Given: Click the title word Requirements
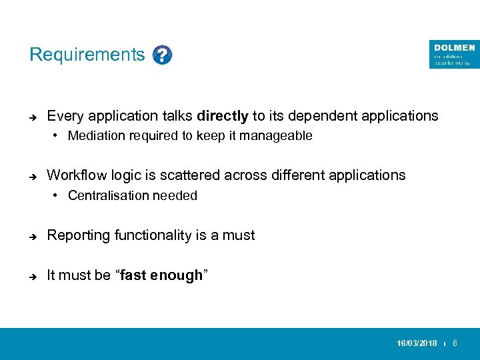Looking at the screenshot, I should (87, 55).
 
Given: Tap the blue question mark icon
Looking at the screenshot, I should (162, 55).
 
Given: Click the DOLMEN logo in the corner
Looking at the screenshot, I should (454, 54).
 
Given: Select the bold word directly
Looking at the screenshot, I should (223, 116).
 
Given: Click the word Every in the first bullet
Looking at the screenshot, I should (63, 116).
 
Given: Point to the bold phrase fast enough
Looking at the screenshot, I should (161, 275).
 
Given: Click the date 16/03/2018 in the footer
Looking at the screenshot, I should (417, 343).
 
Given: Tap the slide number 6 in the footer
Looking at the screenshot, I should (455, 343).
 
